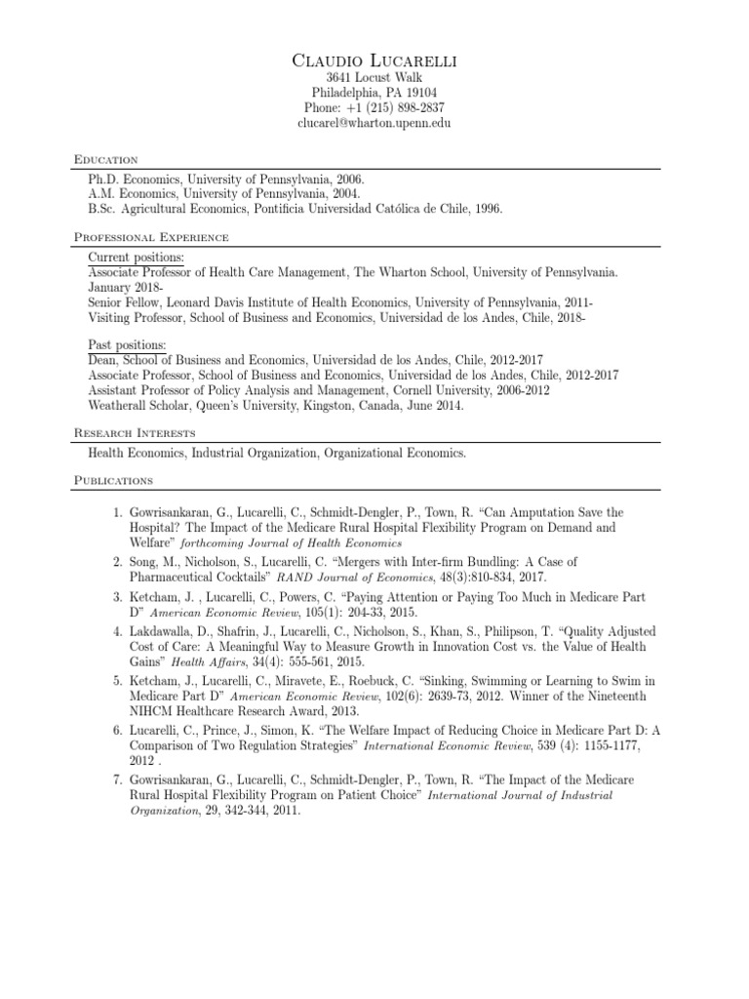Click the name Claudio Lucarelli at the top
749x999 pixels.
374,61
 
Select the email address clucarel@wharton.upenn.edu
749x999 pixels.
374,125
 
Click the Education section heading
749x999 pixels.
106,159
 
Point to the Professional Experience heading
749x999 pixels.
151,237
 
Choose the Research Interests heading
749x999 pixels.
135,432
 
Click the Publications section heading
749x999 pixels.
113,480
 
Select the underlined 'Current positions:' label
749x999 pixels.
136,257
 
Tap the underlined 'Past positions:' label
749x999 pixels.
127,345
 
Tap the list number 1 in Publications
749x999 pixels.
116,512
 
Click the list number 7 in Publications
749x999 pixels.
116,780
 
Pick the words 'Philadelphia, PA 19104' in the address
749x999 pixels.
374,94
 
